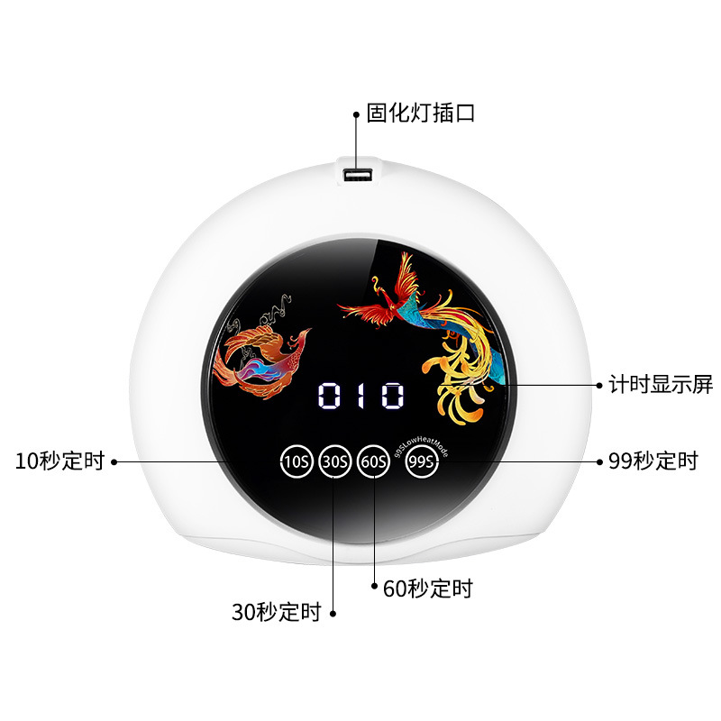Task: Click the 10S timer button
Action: (297, 461)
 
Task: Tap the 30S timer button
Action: (334, 461)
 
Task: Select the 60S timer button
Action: (373, 461)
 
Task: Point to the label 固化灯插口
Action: (420, 114)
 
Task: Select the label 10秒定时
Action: (59, 461)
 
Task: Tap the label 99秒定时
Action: (653, 461)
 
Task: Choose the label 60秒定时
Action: (427, 589)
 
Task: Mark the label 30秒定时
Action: (276, 614)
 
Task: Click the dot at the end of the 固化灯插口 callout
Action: (356, 114)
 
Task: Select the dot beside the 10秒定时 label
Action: (114, 461)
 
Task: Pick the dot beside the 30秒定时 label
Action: (333, 614)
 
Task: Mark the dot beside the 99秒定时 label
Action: (599, 461)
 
